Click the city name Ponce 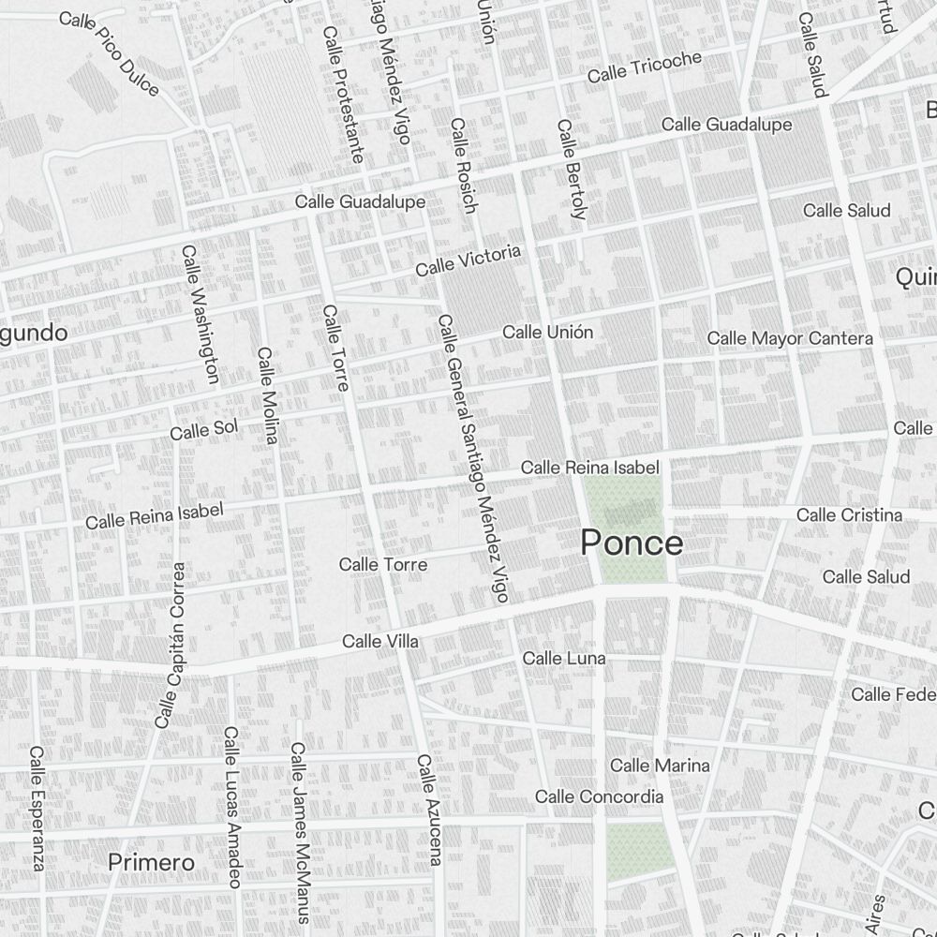632,543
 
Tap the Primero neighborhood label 151,862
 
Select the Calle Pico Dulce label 109,53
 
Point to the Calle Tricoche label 644,67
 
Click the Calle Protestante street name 342,94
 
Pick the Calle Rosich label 463,165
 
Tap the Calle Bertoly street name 571,170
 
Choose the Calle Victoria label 468,260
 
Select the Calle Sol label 204,429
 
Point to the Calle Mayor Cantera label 790,337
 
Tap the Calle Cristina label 849,514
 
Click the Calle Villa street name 379,642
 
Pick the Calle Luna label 564,659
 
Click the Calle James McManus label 300,819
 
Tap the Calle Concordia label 599,796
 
